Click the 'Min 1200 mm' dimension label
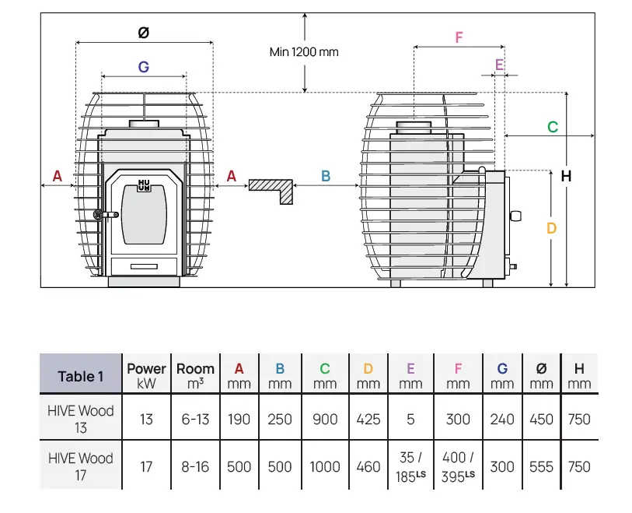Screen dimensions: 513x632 pos(304,52)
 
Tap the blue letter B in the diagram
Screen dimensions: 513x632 pos(326,177)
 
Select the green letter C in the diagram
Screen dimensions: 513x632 pos(553,127)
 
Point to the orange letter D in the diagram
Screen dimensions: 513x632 pos(551,228)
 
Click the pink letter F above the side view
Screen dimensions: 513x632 pos(459,37)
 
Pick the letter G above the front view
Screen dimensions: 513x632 pos(144,68)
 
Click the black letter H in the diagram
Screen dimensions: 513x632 pos(566,177)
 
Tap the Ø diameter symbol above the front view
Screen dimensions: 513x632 pos(143,33)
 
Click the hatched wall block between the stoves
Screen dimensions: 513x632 pos(272,188)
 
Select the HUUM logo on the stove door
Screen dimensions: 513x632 pos(144,185)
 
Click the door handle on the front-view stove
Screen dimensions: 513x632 pos(99,215)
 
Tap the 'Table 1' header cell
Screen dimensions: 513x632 pos(81,377)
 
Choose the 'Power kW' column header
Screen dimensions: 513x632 pos(146,376)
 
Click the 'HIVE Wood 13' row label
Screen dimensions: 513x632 pos(81,419)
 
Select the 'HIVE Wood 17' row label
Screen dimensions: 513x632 pos(81,466)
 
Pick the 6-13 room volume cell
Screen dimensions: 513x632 pos(195,419)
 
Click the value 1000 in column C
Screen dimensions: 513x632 pos(325,466)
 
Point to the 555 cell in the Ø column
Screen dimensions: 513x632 pos(541,466)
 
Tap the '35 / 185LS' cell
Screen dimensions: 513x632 pos(410,466)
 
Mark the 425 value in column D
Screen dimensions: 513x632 pos(368,419)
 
